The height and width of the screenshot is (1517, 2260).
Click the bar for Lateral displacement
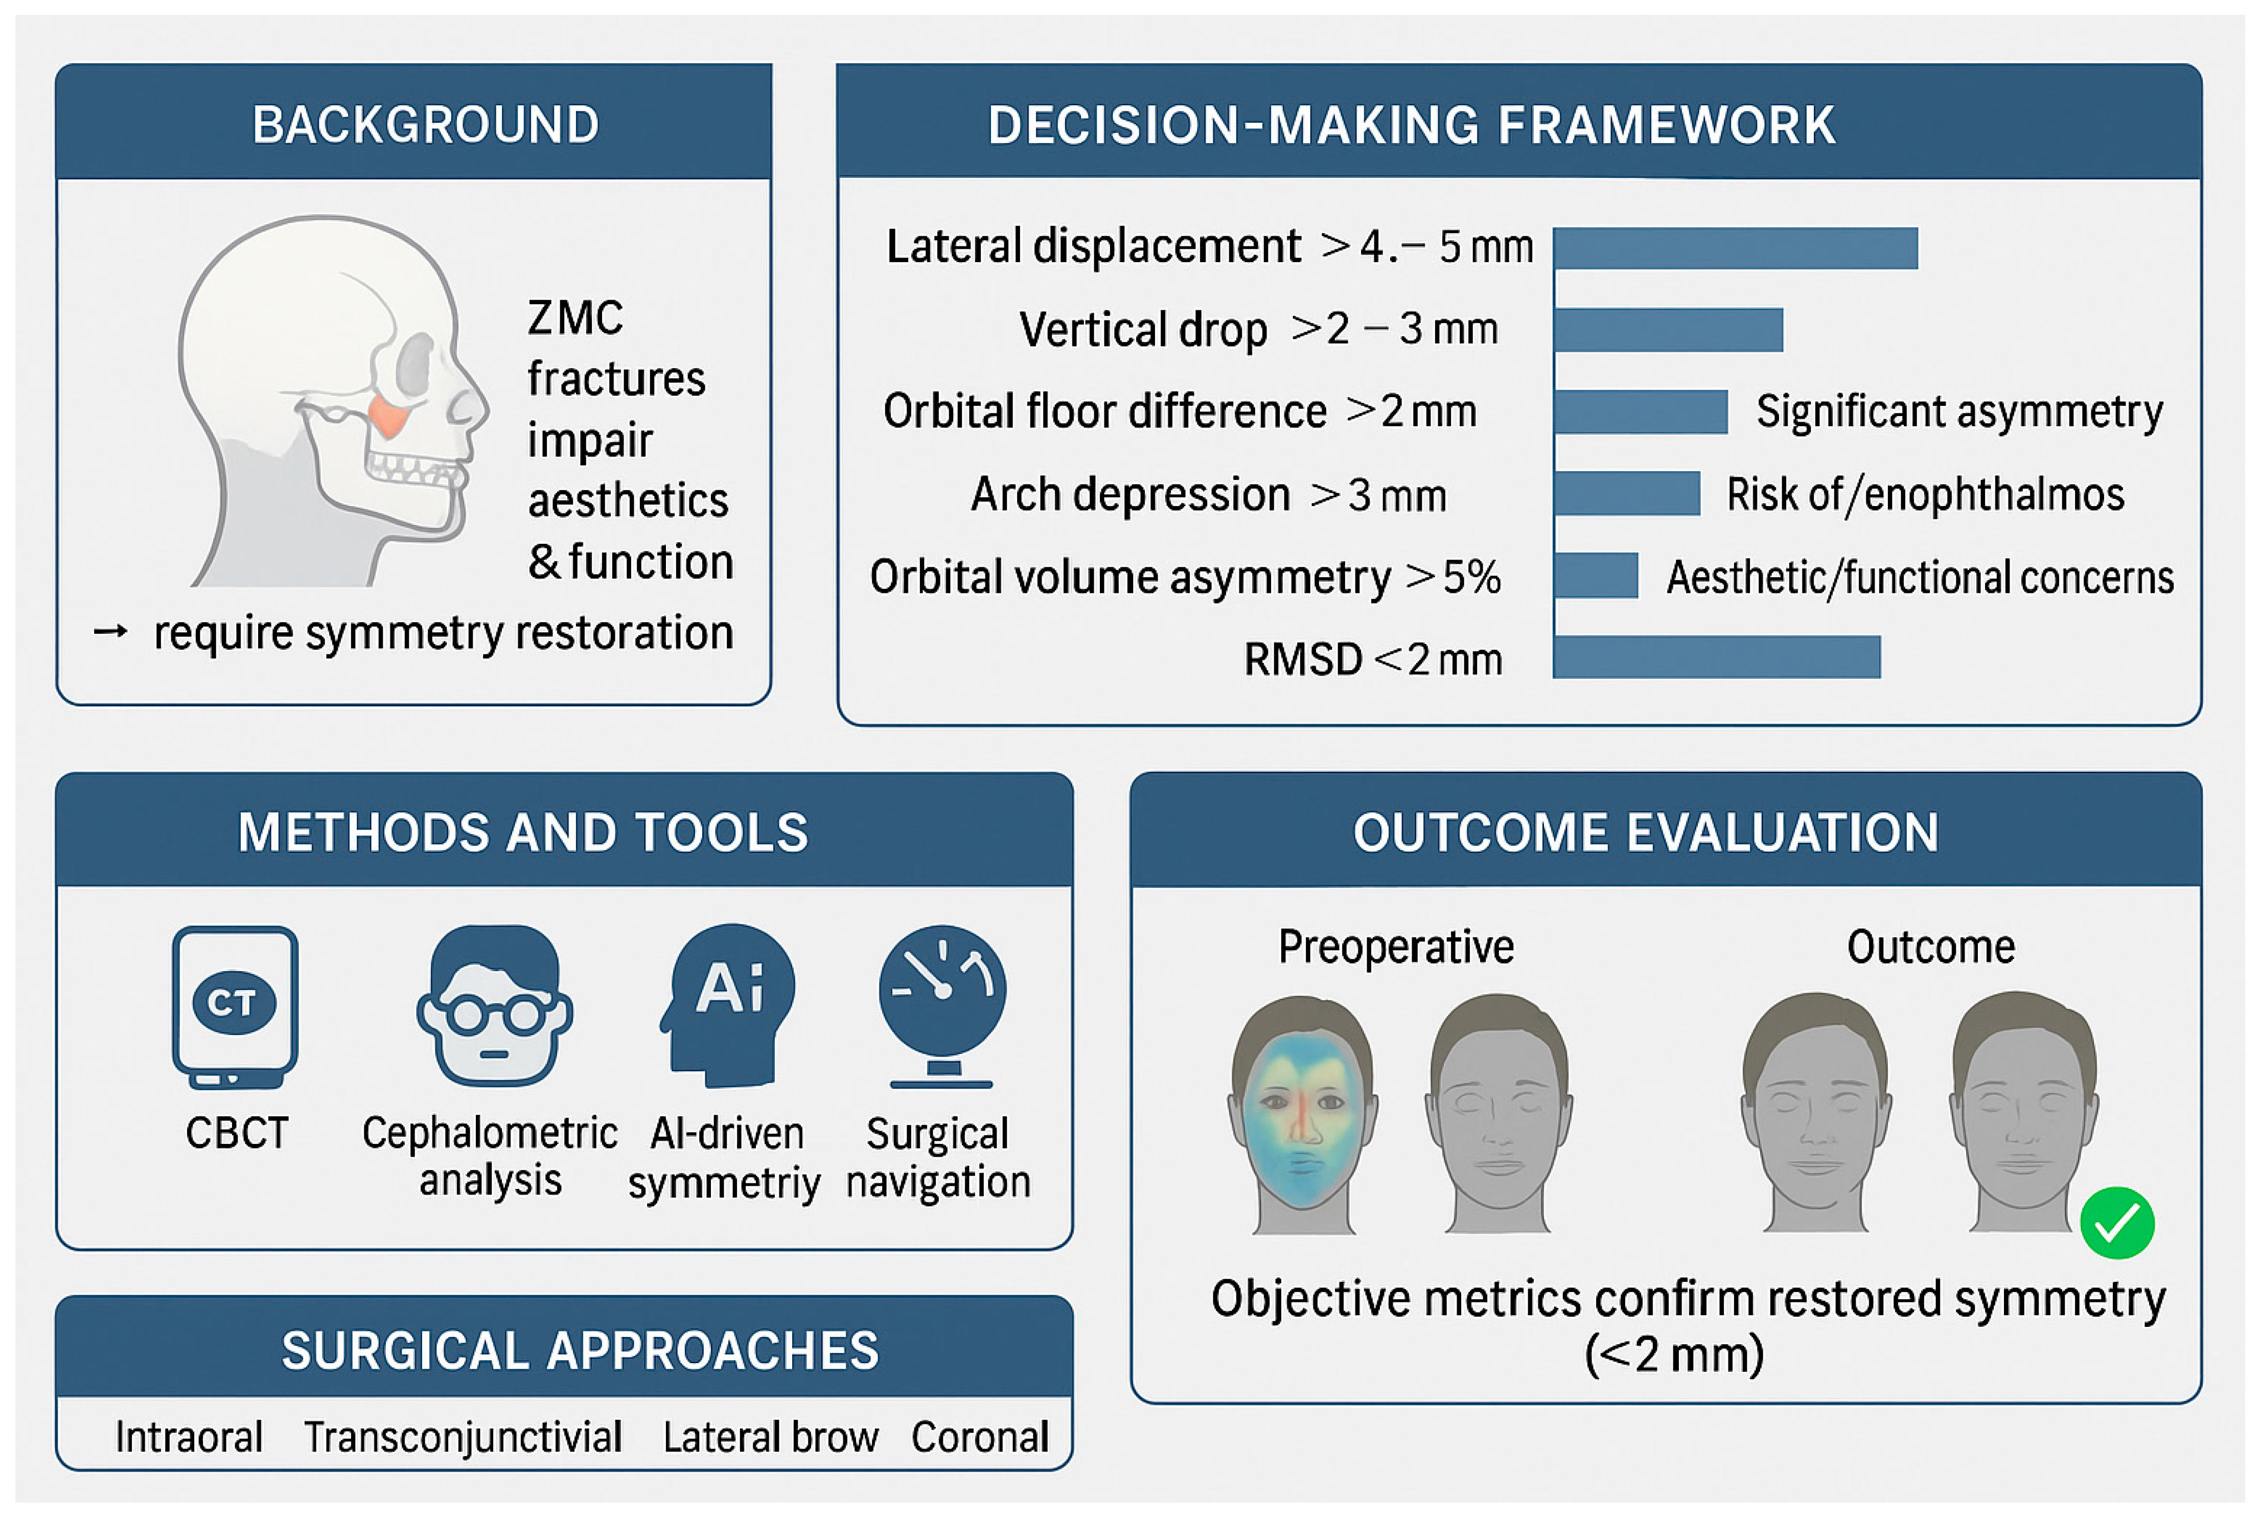point(1735,248)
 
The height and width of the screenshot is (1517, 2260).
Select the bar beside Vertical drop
point(1668,330)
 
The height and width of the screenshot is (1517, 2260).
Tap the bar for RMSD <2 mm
point(1716,657)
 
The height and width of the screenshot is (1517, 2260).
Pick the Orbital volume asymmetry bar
point(1596,577)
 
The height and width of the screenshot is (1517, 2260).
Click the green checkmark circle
point(2117,1223)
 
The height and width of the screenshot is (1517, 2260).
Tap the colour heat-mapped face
point(1302,1113)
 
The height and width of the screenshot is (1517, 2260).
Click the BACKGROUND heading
point(426,125)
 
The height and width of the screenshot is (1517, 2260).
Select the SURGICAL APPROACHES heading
point(580,1350)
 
